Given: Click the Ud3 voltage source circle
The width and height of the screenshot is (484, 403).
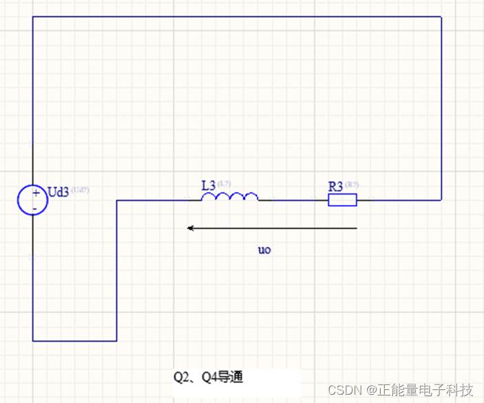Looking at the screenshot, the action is pos(33,200).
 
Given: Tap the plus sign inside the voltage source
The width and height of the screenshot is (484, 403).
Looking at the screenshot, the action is pos(35,193).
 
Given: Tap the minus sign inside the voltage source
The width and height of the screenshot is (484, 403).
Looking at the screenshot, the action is pos(35,207).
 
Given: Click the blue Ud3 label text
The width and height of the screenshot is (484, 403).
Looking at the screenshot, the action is pos(59,192).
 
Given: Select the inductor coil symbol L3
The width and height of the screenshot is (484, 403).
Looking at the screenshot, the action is pos(230,197).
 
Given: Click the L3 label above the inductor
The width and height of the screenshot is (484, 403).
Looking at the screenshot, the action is pos(209,185).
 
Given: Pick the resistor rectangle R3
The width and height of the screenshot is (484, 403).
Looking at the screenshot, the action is pos(342,200).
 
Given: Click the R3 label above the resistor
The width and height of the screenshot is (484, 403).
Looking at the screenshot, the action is pos(335,186).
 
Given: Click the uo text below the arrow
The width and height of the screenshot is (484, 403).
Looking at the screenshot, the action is pos(264,250).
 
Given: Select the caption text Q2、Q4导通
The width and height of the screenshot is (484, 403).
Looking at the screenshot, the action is pos(208,377).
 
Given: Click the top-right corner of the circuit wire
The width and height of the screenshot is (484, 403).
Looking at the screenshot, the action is pos(441,17).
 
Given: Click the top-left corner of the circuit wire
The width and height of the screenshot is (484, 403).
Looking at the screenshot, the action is pos(33,17).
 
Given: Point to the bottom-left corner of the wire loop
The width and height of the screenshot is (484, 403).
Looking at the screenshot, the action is pos(33,340).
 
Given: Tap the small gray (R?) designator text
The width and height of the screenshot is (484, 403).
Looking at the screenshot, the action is pos(352,184).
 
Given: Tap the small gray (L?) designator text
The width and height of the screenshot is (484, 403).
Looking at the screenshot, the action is pos(224,184).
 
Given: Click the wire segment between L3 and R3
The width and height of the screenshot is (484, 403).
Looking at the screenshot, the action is pos(293,200).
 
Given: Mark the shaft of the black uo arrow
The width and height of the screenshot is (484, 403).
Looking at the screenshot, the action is pos(275,228).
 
